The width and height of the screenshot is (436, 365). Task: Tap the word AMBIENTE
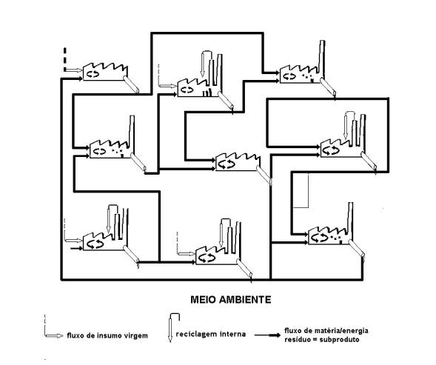tap(245, 300)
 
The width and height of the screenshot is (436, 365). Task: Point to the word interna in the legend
tap(232, 334)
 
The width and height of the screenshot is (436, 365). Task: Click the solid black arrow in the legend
tap(267, 335)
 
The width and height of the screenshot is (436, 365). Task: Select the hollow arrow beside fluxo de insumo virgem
tap(54, 335)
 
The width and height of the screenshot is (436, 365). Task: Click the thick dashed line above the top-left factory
tap(65, 59)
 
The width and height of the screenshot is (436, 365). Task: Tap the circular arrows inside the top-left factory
tap(93, 74)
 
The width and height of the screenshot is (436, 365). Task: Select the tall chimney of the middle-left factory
tap(132, 133)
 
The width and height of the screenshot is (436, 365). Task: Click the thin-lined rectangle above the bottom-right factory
tap(301, 190)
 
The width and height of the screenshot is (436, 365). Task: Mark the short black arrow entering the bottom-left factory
tap(76, 248)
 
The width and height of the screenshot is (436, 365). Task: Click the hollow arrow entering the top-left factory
tap(73, 70)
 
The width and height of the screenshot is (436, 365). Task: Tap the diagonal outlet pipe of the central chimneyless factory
tap(264, 175)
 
